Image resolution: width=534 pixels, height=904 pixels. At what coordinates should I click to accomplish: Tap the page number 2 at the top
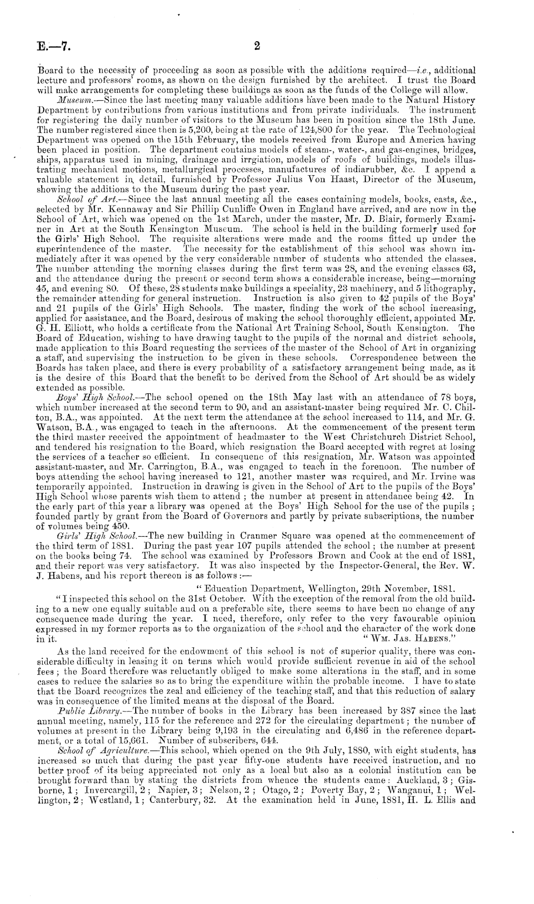coord(257,46)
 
